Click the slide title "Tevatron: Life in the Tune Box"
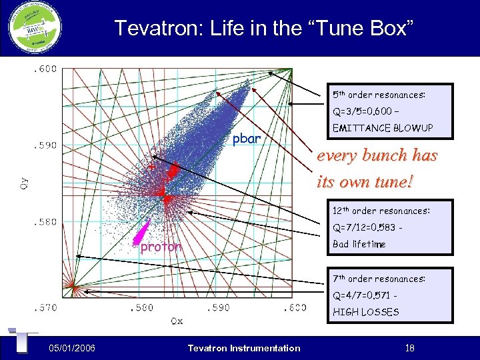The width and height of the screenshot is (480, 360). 264,28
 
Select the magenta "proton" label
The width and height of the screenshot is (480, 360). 160,247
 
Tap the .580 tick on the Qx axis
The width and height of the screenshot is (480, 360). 141,308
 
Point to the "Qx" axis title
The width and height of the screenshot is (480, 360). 176,321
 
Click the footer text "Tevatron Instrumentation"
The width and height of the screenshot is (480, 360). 244,347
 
